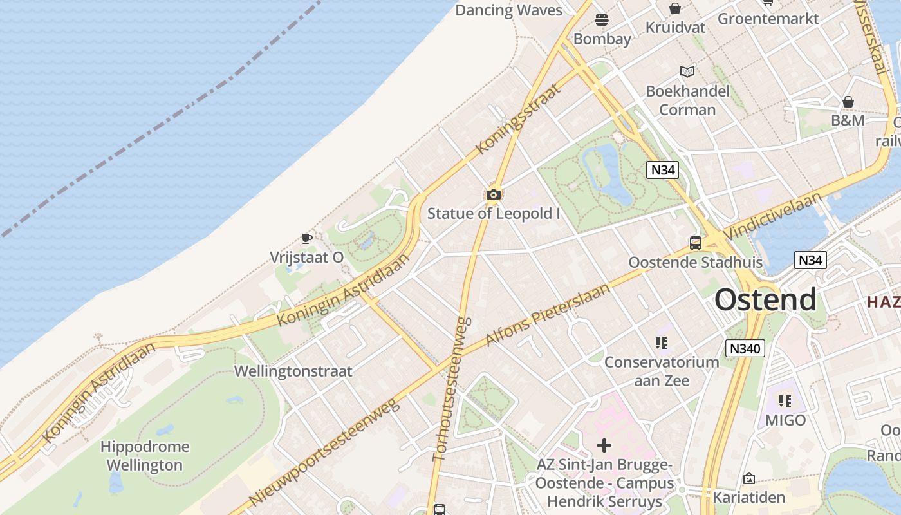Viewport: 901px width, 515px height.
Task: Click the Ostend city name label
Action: pos(765,300)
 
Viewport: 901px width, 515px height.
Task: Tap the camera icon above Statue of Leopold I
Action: pos(494,194)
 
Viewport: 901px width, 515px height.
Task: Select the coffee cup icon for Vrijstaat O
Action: pos(307,239)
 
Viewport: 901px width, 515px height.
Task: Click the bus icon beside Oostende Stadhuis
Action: pos(695,243)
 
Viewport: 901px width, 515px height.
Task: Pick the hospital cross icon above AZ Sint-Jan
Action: pos(604,445)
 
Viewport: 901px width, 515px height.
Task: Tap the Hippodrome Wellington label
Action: pos(145,456)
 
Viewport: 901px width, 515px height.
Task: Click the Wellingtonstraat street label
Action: pos(293,371)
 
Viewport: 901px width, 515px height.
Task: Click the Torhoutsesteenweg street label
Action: pos(452,388)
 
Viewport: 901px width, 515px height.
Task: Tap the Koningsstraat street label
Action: pos(518,118)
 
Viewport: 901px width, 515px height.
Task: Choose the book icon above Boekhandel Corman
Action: pos(687,71)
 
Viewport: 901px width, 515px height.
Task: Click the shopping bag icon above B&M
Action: pos(848,102)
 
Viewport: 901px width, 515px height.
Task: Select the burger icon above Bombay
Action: pos(602,20)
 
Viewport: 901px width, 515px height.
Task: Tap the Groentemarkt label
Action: pos(768,18)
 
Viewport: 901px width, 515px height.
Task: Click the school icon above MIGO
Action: pos(785,401)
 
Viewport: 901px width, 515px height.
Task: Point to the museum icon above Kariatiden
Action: pos(748,478)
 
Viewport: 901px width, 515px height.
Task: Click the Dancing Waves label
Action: pos(508,10)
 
